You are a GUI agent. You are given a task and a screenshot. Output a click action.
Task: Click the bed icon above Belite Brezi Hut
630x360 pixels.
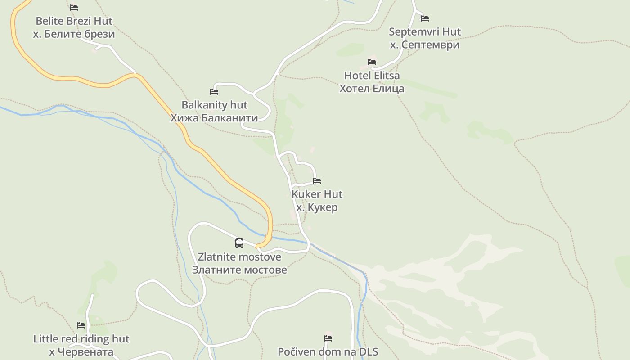pos(74,8)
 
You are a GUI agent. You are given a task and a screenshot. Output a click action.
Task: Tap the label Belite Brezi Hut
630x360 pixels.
pos(74,21)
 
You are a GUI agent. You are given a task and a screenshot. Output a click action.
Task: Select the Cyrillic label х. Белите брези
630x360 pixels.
pos(74,34)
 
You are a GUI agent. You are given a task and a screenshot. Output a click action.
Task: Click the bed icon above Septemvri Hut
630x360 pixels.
pos(424,18)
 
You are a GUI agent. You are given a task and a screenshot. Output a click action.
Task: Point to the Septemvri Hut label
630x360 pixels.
pos(424,32)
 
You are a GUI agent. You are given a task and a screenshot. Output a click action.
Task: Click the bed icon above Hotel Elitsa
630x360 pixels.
pos(371,62)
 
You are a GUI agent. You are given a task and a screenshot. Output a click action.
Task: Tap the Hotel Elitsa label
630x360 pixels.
pos(371,75)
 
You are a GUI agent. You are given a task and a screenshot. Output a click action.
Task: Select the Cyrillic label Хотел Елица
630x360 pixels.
pos(371,88)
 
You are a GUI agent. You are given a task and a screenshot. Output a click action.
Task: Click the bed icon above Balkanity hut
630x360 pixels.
pos(214,92)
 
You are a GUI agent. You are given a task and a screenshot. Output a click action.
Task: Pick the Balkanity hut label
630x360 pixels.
pos(214,105)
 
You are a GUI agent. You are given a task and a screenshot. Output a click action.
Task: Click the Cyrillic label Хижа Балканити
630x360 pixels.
pos(214,118)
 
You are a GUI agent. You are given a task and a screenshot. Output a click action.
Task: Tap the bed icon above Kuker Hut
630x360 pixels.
pos(317,181)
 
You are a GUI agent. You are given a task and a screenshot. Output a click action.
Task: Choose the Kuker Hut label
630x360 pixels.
pos(317,194)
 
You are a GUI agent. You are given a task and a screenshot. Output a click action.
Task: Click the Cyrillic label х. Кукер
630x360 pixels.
pos(317,207)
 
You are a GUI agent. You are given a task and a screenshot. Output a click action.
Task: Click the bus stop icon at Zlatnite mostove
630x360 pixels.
pos(239,243)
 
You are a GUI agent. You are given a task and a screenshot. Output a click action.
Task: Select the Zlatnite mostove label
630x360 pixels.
pos(239,257)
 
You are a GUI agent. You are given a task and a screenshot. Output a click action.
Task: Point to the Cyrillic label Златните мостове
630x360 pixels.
pos(239,270)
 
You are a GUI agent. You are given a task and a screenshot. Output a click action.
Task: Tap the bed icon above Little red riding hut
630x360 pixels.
pos(81,325)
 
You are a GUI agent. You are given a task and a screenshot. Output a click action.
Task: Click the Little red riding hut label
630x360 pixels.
pos(81,339)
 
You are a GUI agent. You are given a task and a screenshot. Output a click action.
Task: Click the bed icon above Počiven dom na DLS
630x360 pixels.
pos(328,338)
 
